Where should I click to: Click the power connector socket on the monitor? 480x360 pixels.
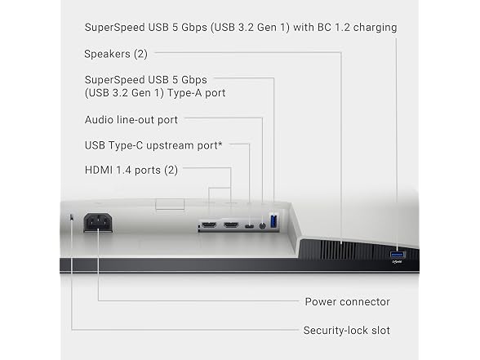coord(98,223)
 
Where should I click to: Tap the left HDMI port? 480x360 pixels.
coord(209,225)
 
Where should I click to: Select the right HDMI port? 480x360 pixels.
coord(231,225)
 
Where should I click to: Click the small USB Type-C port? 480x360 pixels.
coord(250,227)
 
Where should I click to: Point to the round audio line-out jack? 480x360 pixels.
coord(262,226)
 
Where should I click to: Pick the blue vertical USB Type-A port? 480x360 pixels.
coord(273,221)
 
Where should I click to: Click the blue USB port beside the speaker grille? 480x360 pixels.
coord(398,255)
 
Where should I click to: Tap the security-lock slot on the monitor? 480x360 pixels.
coord(72,217)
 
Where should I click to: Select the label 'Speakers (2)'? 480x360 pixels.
coord(116,54)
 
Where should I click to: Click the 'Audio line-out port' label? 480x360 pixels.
coord(131,120)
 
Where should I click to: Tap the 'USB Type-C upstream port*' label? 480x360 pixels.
coord(153,145)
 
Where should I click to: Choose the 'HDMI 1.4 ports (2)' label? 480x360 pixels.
coord(131,170)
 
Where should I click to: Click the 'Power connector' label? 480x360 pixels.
coord(348,302)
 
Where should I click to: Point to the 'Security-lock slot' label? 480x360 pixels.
coord(346,331)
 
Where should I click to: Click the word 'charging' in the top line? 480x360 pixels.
coord(375,28)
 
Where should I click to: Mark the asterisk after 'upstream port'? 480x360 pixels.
coord(220,143)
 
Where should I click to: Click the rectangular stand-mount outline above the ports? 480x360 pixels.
coord(170,204)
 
